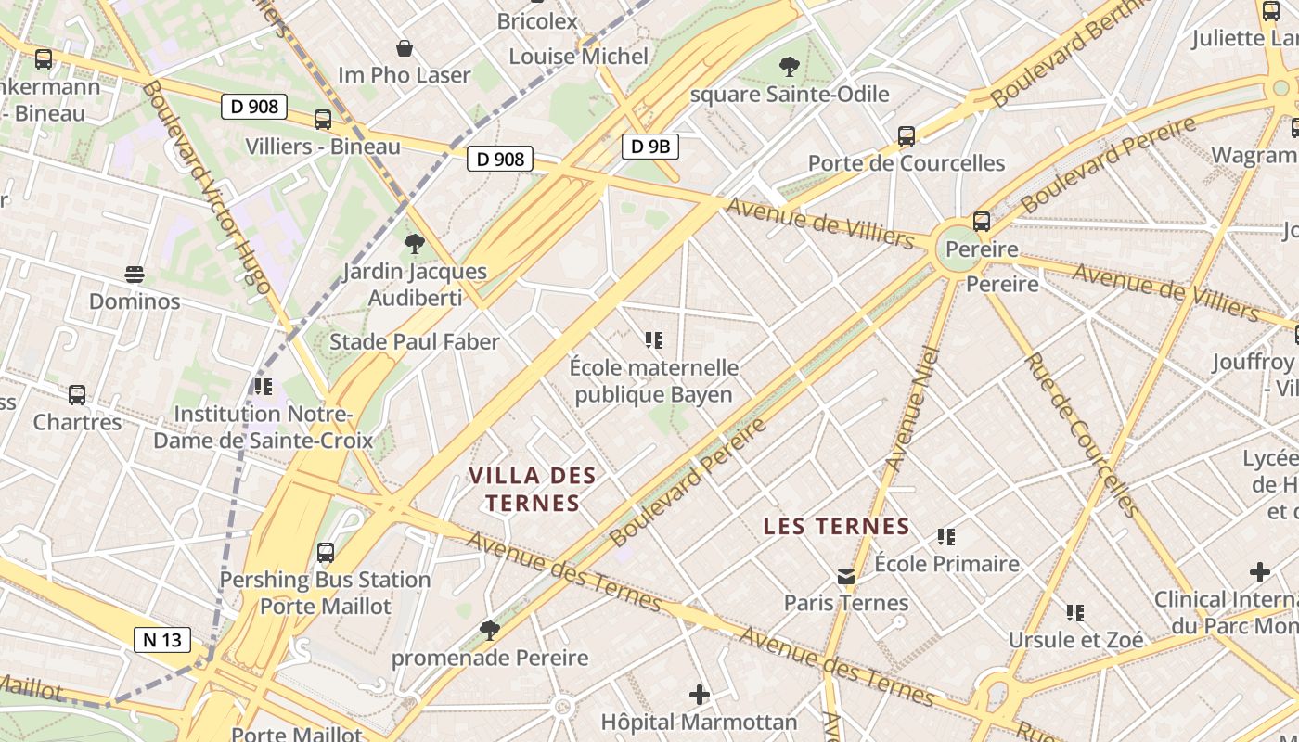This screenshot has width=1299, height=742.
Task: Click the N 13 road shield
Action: tap(162, 639)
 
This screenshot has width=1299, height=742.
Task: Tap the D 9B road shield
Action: tap(650, 146)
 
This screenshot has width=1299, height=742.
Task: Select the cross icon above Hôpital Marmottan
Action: tap(700, 694)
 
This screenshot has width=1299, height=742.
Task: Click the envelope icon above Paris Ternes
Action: tap(846, 577)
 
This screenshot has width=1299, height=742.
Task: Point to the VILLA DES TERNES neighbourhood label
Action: tap(532, 489)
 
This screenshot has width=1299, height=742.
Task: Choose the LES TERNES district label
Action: tap(836, 526)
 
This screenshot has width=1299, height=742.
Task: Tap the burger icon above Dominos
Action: tap(135, 275)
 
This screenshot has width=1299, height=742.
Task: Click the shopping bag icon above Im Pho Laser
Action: tap(405, 48)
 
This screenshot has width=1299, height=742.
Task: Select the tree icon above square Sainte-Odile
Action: tap(790, 67)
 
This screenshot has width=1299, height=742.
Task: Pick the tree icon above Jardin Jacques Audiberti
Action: tap(415, 244)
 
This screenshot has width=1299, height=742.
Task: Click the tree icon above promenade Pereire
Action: tap(490, 632)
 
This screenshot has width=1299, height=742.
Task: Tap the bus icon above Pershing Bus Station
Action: tap(326, 553)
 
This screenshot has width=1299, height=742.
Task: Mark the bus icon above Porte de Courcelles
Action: tap(907, 136)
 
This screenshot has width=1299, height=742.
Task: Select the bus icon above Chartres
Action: tap(77, 395)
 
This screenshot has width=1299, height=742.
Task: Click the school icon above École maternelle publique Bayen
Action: tap(654, 340)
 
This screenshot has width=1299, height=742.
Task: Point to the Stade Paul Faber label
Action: tap(415, 341)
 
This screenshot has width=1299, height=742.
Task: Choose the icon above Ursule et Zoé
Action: tap(1075, 612)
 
